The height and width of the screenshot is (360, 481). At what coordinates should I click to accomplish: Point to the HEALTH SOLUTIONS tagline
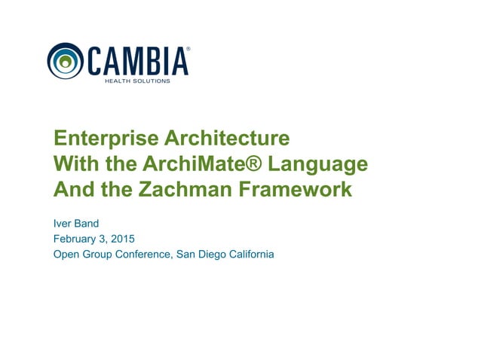(x=136, y=80)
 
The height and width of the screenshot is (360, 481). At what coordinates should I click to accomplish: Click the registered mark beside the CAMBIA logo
(x=188, y=47)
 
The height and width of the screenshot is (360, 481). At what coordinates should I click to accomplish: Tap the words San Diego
(x=200, y=255)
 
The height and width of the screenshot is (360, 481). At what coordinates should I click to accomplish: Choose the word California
(x=251, y=255)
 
